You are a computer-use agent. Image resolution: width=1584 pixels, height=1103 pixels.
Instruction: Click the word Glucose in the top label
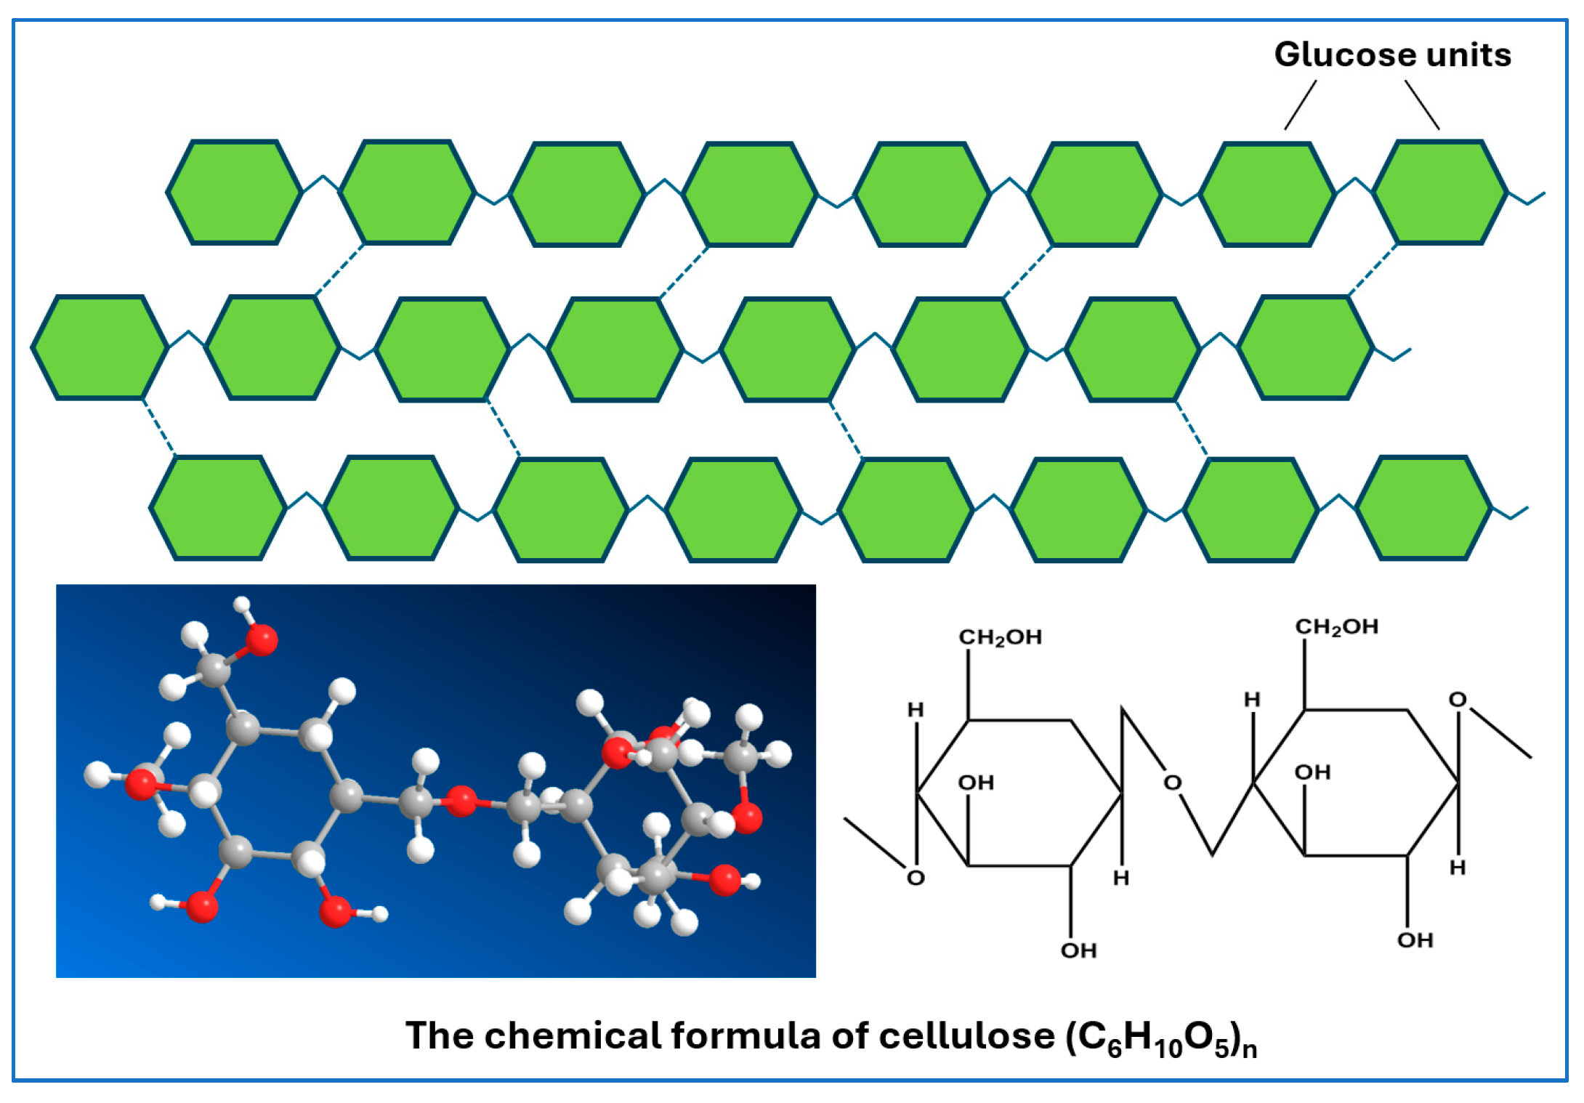[x=1334, y=55]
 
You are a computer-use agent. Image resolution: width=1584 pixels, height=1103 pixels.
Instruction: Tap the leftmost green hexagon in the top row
[x=235, y=193]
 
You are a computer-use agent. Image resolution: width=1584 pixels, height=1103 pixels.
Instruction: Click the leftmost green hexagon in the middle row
[x=100, y=347]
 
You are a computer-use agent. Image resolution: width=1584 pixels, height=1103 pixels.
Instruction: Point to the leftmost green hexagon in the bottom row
[x=218, y=507]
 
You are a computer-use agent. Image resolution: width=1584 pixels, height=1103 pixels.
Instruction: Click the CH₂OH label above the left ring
[x=1000, y=637]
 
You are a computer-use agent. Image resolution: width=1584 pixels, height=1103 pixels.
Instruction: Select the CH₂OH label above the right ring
[x=1336, y=626]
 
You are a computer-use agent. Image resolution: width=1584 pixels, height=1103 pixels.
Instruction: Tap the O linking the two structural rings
[x=1173, y=783]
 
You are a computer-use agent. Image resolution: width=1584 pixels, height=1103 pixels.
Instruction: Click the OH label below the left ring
[x=1078, y=950]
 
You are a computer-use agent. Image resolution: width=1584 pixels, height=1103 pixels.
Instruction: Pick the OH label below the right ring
[x=1415, y=940]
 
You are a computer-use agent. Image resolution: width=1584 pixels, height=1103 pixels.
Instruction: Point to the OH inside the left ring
[x=975, y=783]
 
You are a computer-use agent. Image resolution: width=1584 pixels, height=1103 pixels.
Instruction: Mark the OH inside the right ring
[x=1312, y=772]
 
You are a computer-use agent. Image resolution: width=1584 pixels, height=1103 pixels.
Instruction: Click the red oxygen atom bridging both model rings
[x=461, y=801]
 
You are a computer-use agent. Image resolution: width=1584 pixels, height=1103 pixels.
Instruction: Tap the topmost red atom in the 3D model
[x=262, y=639]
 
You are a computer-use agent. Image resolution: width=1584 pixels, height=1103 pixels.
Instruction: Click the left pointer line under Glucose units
[x=1301, y=105]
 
